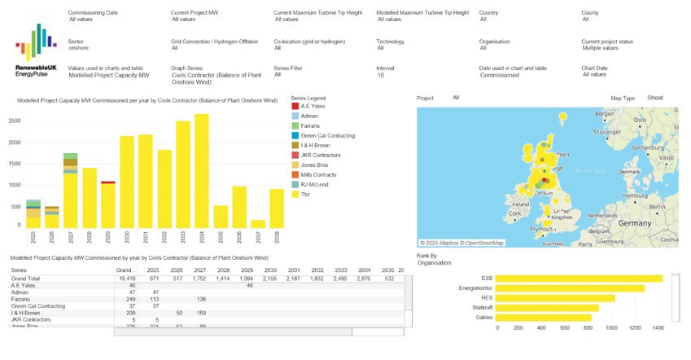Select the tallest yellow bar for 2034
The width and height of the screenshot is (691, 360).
pos(201,171)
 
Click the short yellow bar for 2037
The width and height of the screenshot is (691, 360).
pos(258,223)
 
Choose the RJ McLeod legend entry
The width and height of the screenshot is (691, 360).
pos(314,185)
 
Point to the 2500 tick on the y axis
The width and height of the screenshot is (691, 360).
pos(15,121)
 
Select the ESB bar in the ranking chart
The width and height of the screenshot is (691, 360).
pos(578,279)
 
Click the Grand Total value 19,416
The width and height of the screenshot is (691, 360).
pos(126,279)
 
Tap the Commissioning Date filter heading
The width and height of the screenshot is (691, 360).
pos(93,13)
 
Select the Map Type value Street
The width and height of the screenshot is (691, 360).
pos(655,98)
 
